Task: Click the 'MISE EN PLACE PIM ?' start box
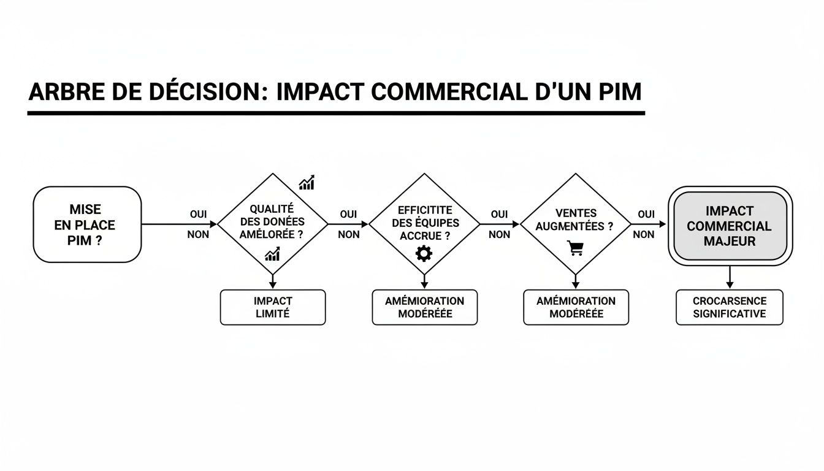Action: point(87,224)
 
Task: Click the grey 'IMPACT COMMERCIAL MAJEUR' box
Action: point(730,226)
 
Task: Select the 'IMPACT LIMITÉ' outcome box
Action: point(273,307)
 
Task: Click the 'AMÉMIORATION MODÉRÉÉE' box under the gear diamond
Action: point(424,307)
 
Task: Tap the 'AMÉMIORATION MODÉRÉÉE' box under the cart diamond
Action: point(576,307)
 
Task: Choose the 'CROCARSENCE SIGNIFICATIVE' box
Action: point(730,307)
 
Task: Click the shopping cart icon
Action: point(575,248)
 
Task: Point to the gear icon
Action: point(424,253)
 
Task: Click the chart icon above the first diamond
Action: point(307,182)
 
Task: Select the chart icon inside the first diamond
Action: point(272,254)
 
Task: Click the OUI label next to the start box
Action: point(198,215)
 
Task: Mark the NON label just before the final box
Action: point(643,234)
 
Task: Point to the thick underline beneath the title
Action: point(336,113)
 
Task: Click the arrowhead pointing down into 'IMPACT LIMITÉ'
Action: point(273,285)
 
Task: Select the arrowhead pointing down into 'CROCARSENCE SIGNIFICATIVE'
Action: point(730,285)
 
